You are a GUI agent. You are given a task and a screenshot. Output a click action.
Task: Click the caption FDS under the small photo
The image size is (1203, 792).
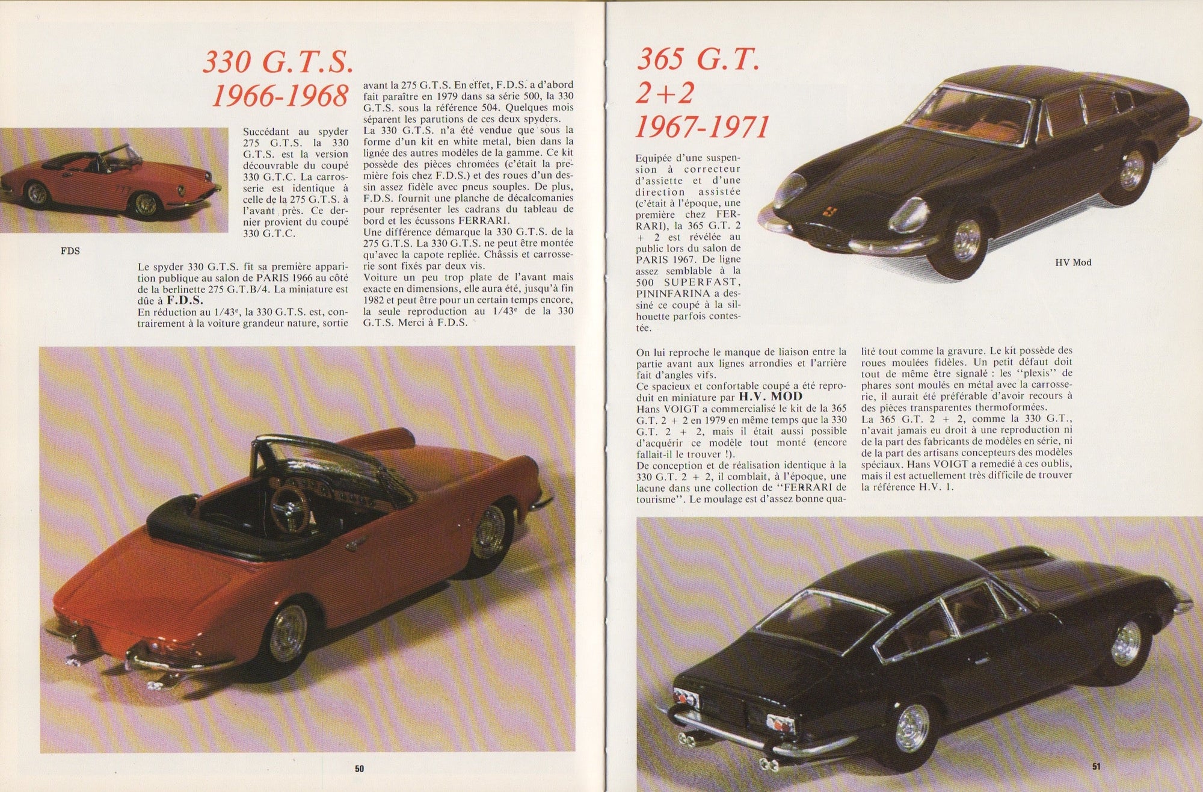pos(70,251)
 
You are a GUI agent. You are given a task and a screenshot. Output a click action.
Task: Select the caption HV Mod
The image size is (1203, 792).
pos(1073,262)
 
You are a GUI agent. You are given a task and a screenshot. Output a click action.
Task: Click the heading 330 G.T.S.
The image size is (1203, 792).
pos(277,63)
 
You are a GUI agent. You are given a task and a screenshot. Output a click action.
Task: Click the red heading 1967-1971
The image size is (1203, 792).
pos(703,128)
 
